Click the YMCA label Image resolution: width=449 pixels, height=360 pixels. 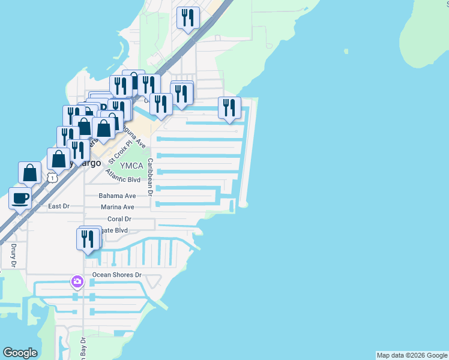(131, 166)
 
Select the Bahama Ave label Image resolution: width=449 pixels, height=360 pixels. (118, 196)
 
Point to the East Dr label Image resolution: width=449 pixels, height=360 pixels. (59, 206)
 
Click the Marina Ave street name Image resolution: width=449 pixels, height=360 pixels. (118, 207)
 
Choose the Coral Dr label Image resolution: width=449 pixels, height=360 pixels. (119, 219)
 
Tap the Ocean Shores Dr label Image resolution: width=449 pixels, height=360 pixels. (116, 275)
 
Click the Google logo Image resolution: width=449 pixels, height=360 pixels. (20, 353)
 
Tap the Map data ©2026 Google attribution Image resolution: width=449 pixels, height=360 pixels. (412, 355)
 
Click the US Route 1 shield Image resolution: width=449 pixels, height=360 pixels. (53, 178)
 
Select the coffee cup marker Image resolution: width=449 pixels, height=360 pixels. (20, 198)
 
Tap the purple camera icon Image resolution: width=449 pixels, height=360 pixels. (77, 281)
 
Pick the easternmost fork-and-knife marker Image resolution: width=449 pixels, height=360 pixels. (229, 108)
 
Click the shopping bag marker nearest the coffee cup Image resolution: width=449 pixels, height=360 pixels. (29, 173)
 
